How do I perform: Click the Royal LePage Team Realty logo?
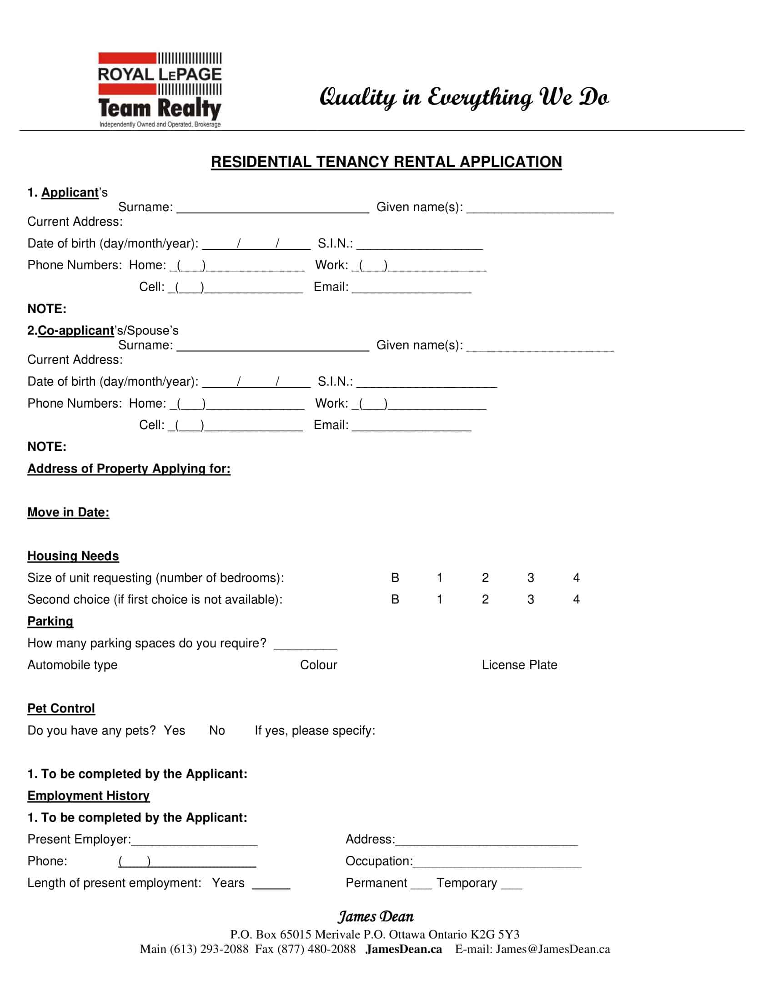(x=159, y=90)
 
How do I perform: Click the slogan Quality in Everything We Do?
(x=464, y=98)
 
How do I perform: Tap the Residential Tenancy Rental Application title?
(x=386, y=162)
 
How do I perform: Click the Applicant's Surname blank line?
(x=272, y=209)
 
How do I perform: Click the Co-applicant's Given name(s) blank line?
(x=540, y=347)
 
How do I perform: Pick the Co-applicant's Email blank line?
(x=411, y=427)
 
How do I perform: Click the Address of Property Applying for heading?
(x=129, y=468)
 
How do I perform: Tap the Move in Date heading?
(x=68, y=512)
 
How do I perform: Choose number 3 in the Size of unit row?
(x=530, y=577)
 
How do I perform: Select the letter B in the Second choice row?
(x=395, y=600)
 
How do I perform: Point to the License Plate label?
(x=519, y=665)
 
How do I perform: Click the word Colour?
(x=318, y=665)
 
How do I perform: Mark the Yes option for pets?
(x=175, y=731)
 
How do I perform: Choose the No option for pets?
(x=216, y=731)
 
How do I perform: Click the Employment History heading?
(x=88, y=796)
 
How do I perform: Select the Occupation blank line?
(x=497, y=863)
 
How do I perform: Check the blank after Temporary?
(x=512, y=885)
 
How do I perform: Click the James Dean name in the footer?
(x=376, y=916)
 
